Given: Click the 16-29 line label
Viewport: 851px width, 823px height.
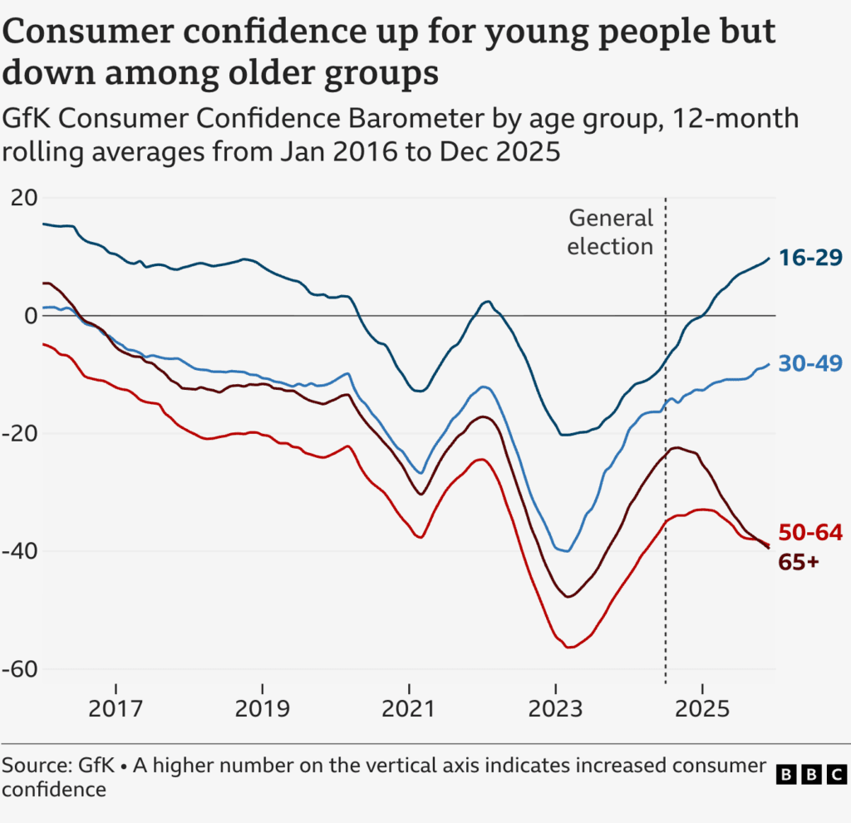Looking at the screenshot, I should (810, 258).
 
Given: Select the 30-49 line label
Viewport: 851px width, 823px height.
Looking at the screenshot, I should (810, 363).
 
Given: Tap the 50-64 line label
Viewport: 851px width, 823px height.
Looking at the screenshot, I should (810, 533).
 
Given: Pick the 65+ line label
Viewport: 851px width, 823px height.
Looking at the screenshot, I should (799, 562).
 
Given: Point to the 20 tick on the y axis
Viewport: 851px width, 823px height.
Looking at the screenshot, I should (24, 198).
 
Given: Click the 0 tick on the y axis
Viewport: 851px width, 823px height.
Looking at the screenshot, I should (31, 316).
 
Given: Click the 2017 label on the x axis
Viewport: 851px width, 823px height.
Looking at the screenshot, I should (116, 710).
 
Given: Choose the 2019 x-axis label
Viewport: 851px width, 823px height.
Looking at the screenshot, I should (263, 710).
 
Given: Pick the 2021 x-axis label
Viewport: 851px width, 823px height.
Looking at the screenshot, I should (410, 710).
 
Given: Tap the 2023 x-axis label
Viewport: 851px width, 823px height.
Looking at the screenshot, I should (556, 710).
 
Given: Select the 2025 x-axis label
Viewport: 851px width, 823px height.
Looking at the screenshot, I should (703, 710).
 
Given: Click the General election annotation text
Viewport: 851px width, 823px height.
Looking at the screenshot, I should (611, 232).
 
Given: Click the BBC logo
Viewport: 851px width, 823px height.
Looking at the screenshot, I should (810, 775).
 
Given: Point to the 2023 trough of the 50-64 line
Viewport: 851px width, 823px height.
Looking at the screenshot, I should (570, 647).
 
